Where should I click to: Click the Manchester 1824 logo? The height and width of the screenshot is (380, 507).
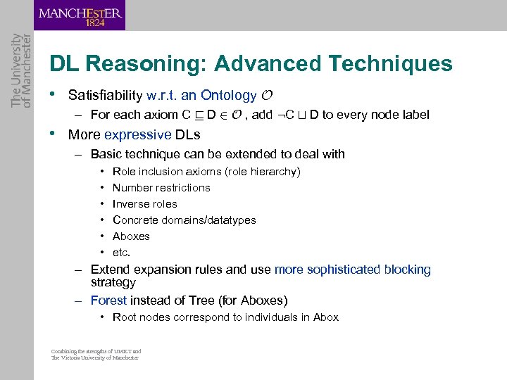point(80,15)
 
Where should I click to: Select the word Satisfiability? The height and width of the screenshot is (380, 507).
point(105,95)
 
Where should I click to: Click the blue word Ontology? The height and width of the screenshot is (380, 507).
point(228,95)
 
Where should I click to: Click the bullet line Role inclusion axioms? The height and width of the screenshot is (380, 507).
point(206,172)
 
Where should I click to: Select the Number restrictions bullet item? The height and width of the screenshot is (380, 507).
point(161,188)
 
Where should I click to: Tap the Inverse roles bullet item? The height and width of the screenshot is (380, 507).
point(144,204)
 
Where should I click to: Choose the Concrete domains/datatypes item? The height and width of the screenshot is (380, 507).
point(184,220)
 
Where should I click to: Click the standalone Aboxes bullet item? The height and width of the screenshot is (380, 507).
point(131,236)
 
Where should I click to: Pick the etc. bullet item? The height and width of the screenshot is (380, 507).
point(122,253)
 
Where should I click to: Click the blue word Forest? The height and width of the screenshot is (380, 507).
point(109,300)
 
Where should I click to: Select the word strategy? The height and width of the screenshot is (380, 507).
point(113,282)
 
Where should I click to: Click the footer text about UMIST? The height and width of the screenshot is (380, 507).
point(96,354)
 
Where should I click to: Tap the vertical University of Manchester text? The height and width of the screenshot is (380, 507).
point(21,70)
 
